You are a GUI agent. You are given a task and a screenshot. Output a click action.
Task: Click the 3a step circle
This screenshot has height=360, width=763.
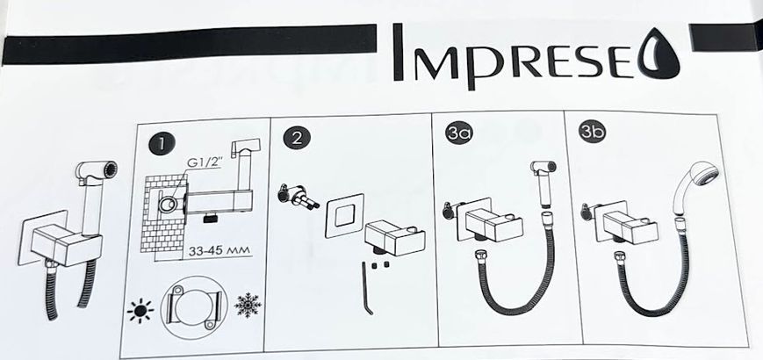[459, 133]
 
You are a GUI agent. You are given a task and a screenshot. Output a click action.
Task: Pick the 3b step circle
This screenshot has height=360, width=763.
[592, 133]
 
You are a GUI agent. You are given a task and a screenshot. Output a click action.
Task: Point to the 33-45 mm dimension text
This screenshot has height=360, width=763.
[219, 250]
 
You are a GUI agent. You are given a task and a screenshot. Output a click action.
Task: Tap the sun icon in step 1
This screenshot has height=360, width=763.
[140, 310]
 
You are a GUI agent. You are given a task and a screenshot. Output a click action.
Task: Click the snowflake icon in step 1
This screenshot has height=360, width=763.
[248, 305]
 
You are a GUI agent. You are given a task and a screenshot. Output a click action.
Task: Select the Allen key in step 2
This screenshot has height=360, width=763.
[367, 289]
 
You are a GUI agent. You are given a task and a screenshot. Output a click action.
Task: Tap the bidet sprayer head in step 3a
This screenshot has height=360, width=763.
[543, 168]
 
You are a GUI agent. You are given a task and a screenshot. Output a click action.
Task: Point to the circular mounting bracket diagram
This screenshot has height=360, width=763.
[194, 307]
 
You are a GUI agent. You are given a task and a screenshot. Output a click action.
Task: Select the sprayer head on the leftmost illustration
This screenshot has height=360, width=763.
[97, 174]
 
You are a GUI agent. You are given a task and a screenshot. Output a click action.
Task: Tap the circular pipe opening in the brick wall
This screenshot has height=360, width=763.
[169, 204]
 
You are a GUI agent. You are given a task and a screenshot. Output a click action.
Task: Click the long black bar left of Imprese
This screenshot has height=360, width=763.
[190, 45]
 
